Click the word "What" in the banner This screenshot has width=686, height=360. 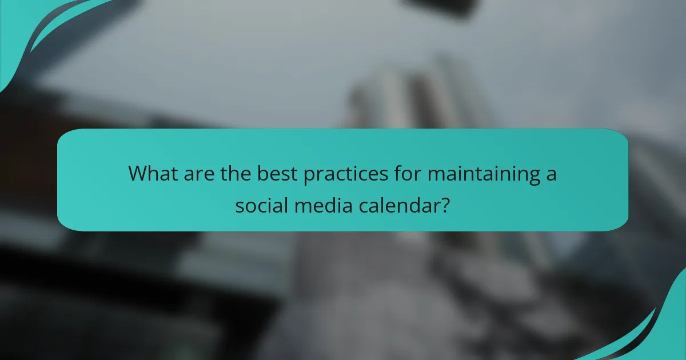coord(151,174)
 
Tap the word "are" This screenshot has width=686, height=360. coord(197,174)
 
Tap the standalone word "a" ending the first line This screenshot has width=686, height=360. coord(550,174)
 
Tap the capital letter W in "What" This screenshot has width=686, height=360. coord(138,174)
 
